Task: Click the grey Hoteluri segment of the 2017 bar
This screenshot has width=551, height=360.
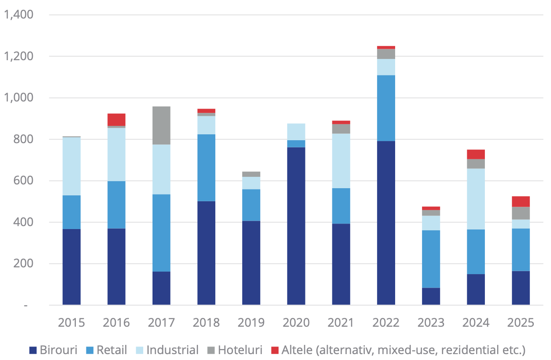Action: coord(161,125)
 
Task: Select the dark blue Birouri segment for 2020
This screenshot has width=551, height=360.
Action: coord(296,226)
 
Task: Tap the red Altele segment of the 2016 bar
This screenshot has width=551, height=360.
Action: coord(116,120)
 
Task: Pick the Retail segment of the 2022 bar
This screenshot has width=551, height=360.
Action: coord(386,108)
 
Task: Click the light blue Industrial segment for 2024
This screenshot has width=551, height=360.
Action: coord(476,199)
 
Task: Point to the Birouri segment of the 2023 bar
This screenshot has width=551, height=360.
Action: coord(431,296)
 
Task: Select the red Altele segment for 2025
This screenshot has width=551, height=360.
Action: coord(521,201)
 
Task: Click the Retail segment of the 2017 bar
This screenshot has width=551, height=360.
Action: coord(161,232)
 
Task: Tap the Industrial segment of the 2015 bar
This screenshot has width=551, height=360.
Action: coord(72,166)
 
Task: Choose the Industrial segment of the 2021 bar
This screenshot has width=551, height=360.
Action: coord(341,160)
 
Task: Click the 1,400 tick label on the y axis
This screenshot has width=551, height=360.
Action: coord(19,15)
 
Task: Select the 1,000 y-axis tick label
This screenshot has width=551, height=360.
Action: coord(19,98)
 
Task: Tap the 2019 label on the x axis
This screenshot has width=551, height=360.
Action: coord(251,323)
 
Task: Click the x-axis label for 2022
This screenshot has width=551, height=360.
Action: coord(386,323)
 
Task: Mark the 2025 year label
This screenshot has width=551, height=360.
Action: coord(521,323)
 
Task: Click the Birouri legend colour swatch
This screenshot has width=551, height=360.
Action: coord(33,350)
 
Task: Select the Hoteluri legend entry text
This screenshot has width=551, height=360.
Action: coord(241,350)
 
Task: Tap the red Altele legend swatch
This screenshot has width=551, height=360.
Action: coord(275,350)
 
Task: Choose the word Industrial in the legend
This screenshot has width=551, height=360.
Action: coord(173,350)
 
